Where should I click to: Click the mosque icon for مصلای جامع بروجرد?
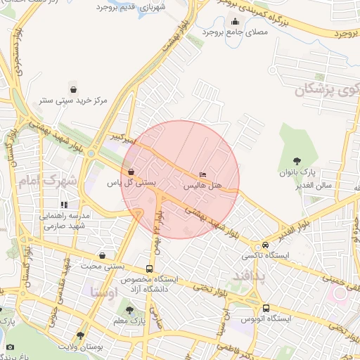[x=234, y=21]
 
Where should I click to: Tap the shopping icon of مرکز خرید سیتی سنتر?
[x=74, y=89]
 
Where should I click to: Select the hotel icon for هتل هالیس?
[x=203, y=174]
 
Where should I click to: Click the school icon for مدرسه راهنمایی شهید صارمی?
[x=64, y=205]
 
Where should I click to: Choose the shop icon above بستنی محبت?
[x=103, y=256]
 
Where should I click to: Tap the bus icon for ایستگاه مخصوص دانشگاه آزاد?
[x=149, y=269]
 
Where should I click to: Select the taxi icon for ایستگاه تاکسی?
[x=265, y=245]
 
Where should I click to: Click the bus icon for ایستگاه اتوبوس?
[x=266, y=308]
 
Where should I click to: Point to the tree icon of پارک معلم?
[x=129, y=309]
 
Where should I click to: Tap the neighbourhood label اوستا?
[x=104, y=291]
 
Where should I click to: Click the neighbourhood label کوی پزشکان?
[x=327, y=90]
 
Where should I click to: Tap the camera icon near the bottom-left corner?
[x=10, y=347]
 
